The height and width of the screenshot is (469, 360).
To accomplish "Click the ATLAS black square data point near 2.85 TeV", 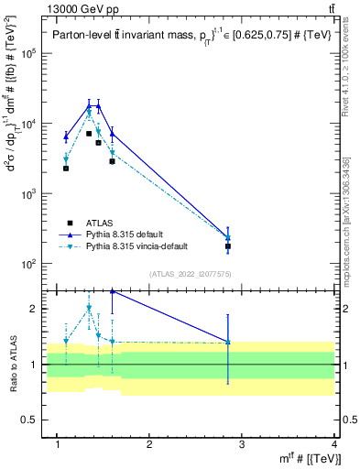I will pos(228,246).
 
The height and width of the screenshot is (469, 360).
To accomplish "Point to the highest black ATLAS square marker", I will pos(89,134).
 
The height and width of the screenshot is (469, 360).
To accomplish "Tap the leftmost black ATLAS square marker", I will pos(66,169).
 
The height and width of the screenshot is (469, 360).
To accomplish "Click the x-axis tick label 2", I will pos(149,445).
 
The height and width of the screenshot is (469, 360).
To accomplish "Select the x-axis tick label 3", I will pos(242,445).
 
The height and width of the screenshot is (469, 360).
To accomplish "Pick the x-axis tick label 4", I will pos(334,445).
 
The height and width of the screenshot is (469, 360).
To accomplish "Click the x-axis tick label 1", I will pos(57,445).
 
